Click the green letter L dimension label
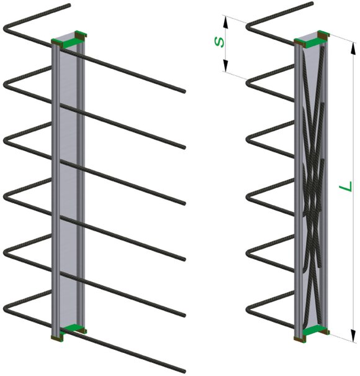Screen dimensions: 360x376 346,186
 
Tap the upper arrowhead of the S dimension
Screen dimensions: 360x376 225,21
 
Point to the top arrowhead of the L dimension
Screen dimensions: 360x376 353,48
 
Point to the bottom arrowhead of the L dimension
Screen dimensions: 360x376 353,336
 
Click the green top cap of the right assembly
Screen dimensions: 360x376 312,40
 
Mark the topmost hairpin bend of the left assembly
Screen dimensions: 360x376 6,28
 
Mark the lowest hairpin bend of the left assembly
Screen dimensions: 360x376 6,309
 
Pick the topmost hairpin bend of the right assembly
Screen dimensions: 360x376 248,25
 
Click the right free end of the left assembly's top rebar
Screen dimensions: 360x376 184,91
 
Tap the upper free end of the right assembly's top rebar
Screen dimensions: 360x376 312,3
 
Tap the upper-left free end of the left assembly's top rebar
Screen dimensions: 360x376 69,4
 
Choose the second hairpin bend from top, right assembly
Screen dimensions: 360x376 248,83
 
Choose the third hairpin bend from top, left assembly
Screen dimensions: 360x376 6,140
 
